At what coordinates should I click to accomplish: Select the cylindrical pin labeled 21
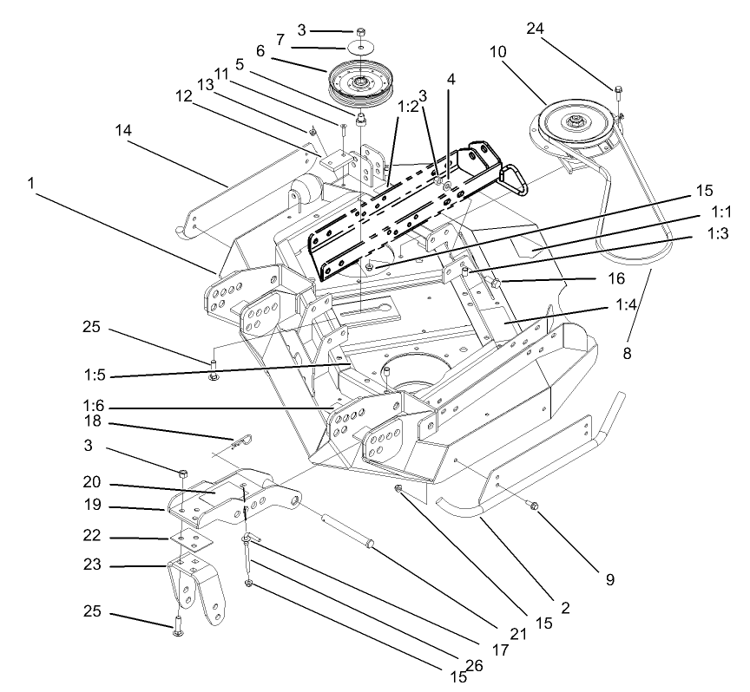coord(348,530)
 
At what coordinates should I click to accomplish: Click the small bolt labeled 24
coord(618,88)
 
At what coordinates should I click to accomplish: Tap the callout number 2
coord(565,608)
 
